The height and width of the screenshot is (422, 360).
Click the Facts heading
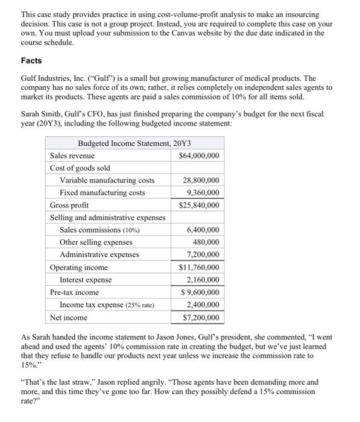(33, 61)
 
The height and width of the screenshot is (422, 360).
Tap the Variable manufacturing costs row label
(107, 180)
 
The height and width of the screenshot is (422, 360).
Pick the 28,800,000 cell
(201, 180)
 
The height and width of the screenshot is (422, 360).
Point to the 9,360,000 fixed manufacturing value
(203, 192)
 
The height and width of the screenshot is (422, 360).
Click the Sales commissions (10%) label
(99, 230)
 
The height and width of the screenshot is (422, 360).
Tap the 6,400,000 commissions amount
(203, 230)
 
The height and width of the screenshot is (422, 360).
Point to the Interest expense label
(85, 280)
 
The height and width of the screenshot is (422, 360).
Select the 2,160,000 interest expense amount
(203, 280)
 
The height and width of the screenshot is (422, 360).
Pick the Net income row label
(68, 318)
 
